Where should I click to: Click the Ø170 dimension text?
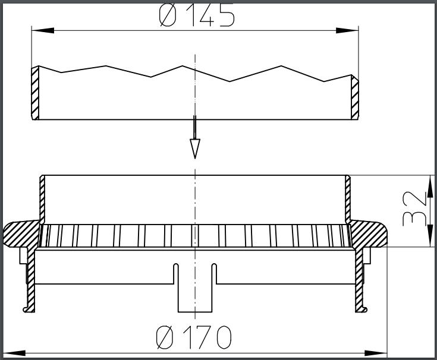coord(194,338)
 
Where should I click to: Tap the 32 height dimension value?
coord(415,210)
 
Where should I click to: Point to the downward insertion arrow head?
coord(194,148)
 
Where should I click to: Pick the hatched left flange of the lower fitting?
coord(21,234)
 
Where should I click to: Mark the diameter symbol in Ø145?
coord(168,16)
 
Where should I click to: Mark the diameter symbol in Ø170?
coord(165,338)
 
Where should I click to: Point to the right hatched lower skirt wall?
coord(360,279)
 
